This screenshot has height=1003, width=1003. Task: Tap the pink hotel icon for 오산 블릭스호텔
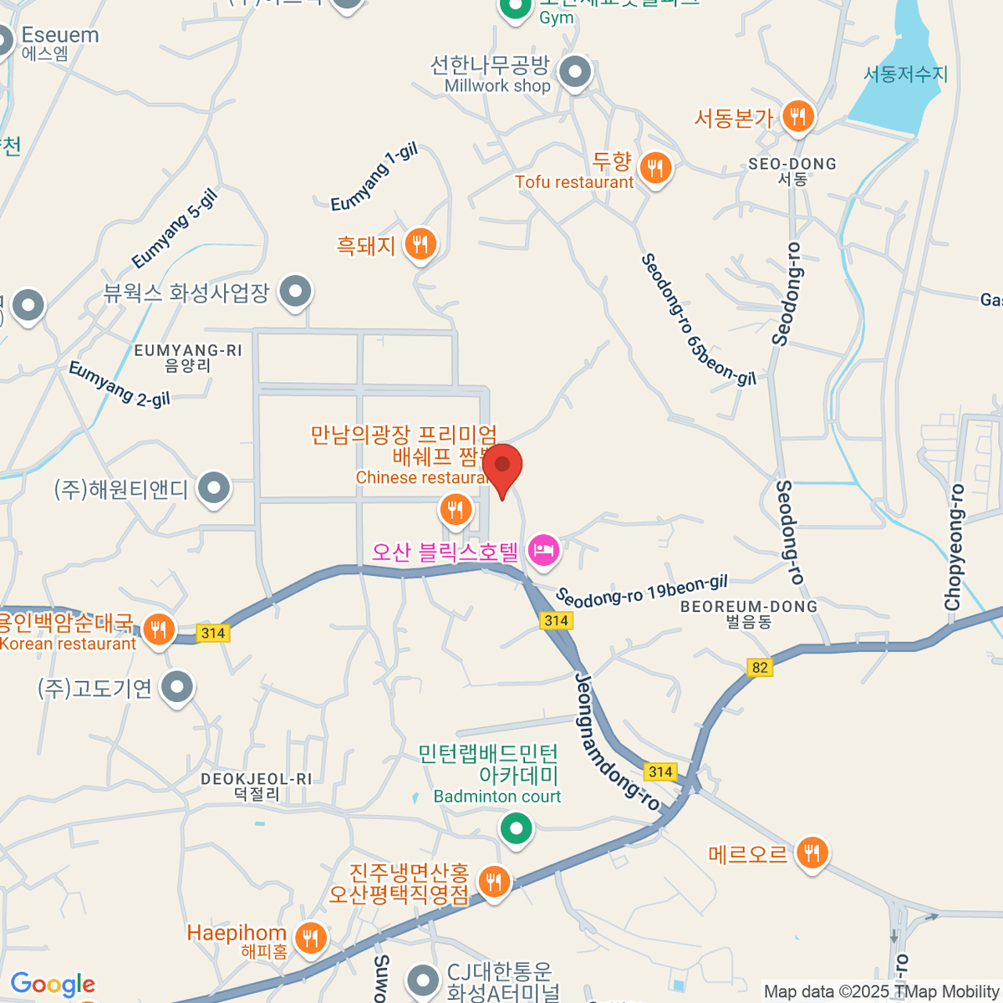[543, 551]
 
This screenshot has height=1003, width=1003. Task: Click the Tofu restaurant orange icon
[656, 169]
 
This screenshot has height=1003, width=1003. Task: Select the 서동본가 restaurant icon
[798, 117]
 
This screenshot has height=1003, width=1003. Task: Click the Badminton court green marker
[516, 829]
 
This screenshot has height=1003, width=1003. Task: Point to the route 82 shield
[760, 667]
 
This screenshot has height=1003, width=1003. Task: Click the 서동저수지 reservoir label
[905, 74]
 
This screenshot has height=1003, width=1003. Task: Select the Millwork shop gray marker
[575, 73]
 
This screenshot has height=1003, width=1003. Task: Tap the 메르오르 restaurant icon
[812, 853]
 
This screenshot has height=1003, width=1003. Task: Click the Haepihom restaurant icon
[311, 937]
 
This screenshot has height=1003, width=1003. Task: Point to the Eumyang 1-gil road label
[374, 178]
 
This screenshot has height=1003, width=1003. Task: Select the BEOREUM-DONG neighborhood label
[748, 607]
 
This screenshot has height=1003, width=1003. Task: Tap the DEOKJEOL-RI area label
[257, 779]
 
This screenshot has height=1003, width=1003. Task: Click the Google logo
[53, 985]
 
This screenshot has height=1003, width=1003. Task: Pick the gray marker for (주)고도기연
[176, 688]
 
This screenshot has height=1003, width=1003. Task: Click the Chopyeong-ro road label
[954, 547]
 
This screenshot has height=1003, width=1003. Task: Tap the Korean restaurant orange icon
[158, 629]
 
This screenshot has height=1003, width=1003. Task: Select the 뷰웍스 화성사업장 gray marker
[294, 292]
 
